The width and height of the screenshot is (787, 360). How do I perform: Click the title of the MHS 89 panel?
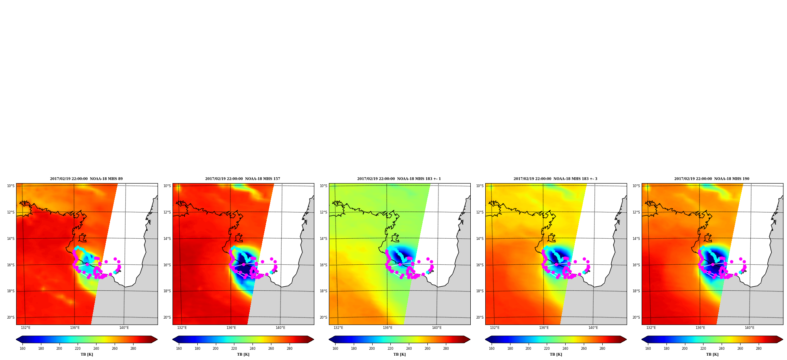(x=86, y=179)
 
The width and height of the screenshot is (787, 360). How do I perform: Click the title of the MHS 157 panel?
(x=243, y=179)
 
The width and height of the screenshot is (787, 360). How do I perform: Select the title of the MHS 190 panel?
(x=712, y=179)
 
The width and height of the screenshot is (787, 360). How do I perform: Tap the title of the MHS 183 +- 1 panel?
(x=399, y=179)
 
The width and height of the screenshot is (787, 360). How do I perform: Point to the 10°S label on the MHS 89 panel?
(x=11, y=186)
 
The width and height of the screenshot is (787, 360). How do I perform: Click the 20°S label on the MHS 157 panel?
(x=167, y=317)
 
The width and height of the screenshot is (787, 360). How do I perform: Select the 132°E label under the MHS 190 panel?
(x=651, y=328)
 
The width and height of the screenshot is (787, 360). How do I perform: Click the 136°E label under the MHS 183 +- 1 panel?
(x=387, y=328)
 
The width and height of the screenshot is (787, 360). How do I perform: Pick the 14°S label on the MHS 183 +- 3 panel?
(x=480, y=239)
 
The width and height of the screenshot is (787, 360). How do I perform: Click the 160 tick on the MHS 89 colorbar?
(x=22, y=349)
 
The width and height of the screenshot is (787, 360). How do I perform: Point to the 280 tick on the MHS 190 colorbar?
(x=759, y=349)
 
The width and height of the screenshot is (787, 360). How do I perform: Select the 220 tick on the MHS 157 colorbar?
(x=234, y=349)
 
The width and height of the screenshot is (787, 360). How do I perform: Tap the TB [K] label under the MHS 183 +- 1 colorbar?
(x=399, y=354)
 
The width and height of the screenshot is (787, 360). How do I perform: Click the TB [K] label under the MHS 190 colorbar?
(x=712, y=354)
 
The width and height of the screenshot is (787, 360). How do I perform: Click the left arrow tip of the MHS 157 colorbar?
(x=173, y=340)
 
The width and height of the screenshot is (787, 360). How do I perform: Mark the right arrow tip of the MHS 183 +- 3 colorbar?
(x=626, y=340)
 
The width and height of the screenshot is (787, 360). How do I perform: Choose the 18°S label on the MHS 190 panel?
(x=636, y=291)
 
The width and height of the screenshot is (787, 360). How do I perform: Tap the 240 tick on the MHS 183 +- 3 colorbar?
(x=565, y=349)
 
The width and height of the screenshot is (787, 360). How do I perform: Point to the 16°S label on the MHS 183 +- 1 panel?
(x=323, y=265)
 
